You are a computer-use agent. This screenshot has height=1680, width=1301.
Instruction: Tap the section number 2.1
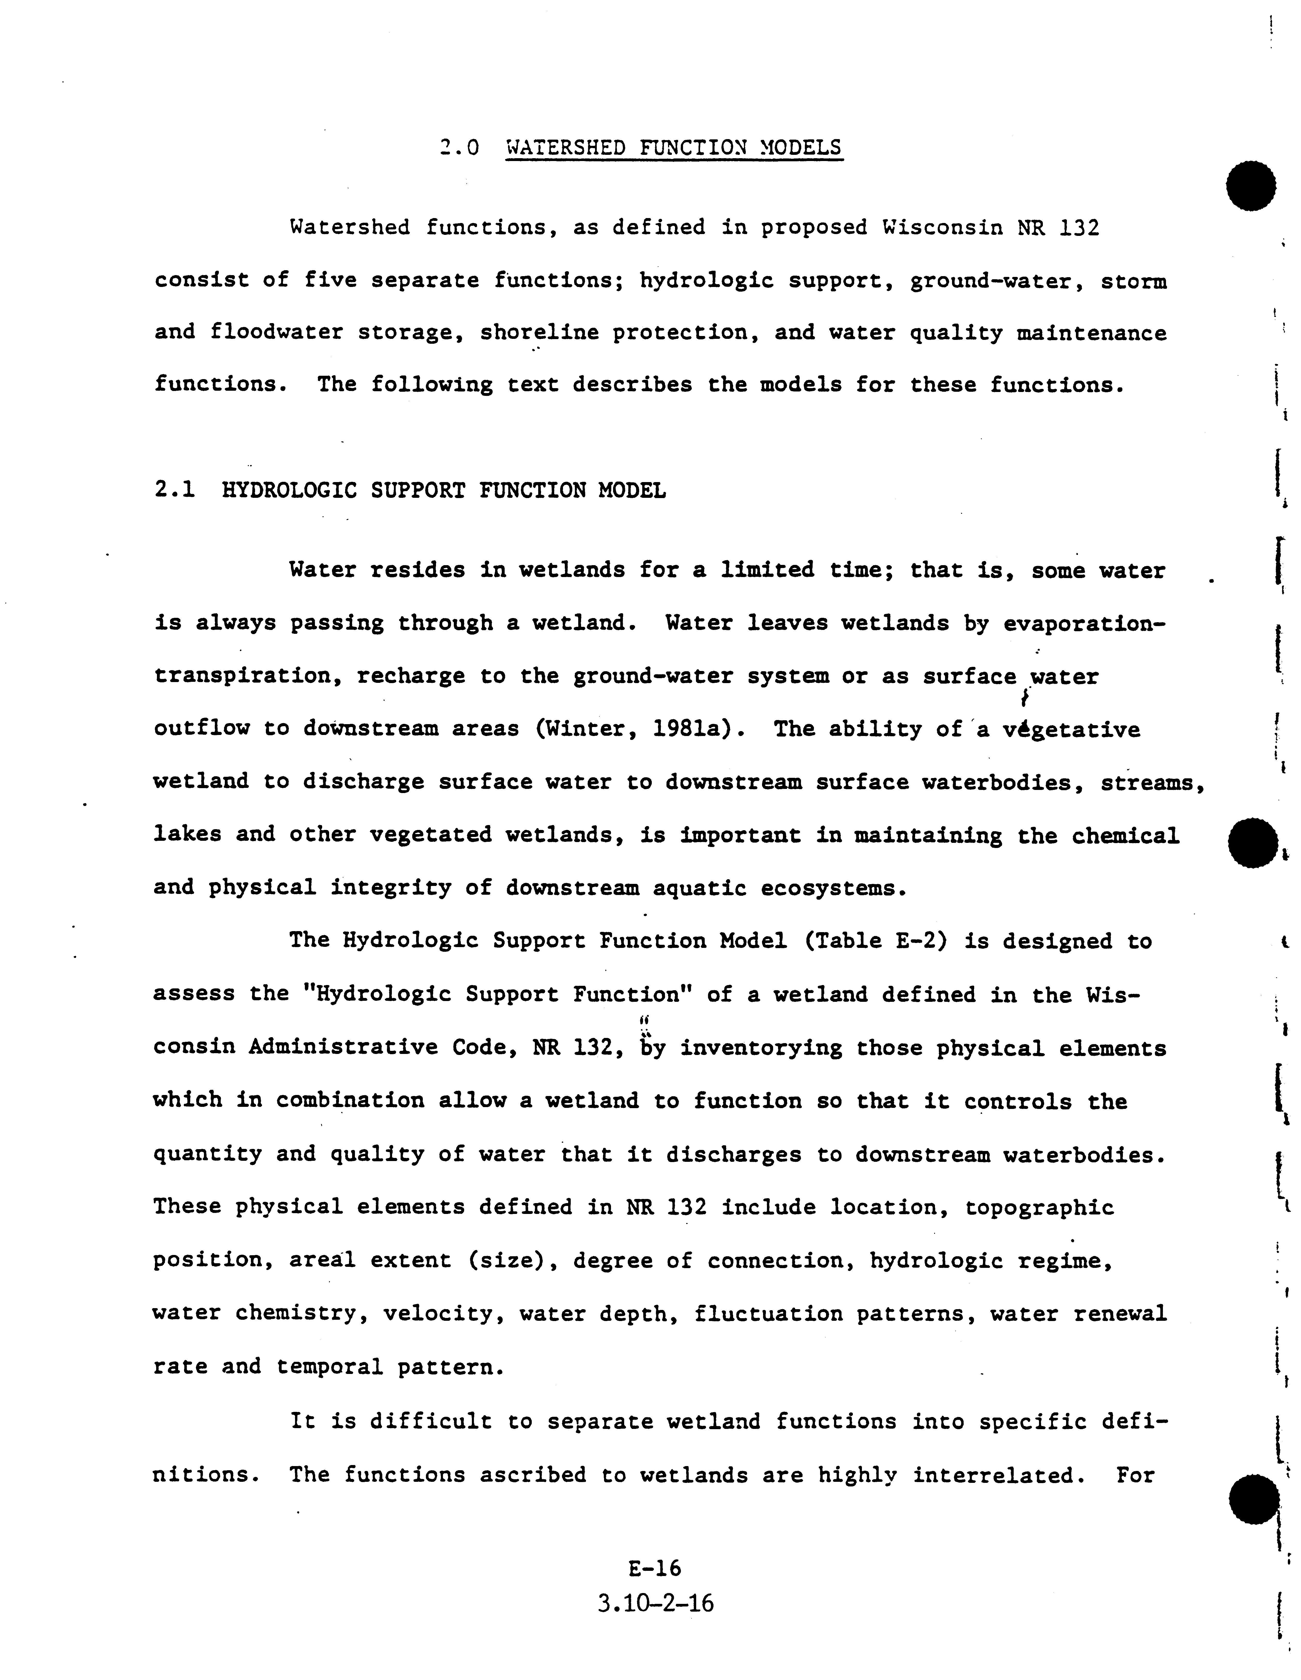[x=175, y=490]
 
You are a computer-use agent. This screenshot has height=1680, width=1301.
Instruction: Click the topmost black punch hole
[x=1251, y=186]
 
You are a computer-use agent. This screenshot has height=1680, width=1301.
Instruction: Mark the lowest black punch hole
[x=1253, y=1500]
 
